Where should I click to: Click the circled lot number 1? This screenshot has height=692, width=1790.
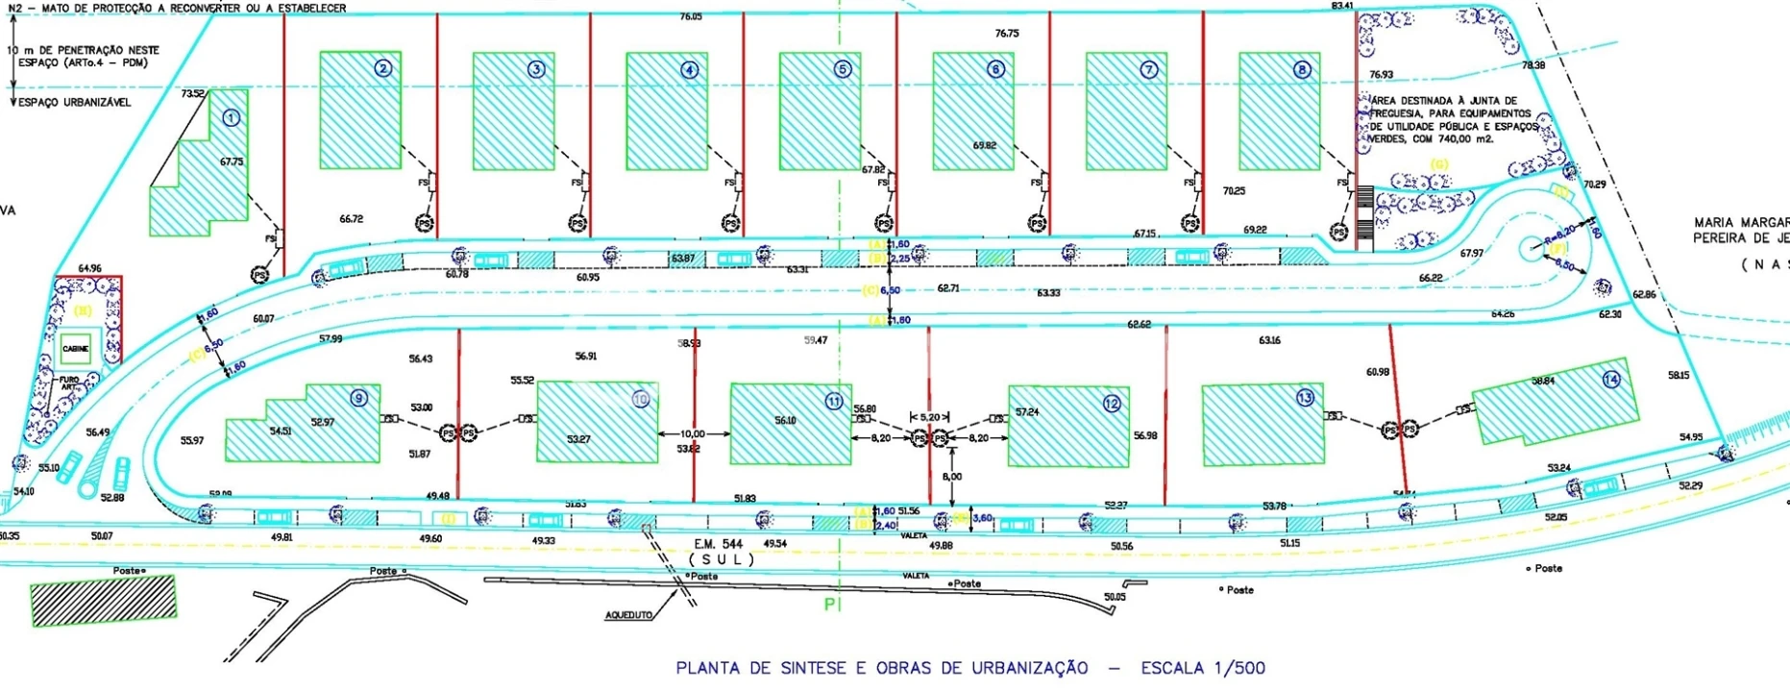coord(231,118)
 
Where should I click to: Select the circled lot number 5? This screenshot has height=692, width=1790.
coord(843,69)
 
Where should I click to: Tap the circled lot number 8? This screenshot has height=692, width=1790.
coord(1302,69)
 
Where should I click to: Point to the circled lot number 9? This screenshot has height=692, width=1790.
coord(358,398)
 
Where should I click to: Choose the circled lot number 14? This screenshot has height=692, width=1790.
coord(1611,380)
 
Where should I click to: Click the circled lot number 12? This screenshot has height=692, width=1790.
coord(1112,404)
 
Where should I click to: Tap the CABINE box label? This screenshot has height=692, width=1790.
coord(75,349)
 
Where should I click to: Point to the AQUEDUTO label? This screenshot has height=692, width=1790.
coord(628,615)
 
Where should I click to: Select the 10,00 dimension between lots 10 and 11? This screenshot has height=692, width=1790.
coord(692,434)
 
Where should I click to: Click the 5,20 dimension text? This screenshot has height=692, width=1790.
coord(930,417)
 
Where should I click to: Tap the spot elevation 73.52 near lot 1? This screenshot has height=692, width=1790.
coord(192,93)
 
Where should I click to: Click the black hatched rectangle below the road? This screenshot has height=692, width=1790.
coord(104,601)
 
